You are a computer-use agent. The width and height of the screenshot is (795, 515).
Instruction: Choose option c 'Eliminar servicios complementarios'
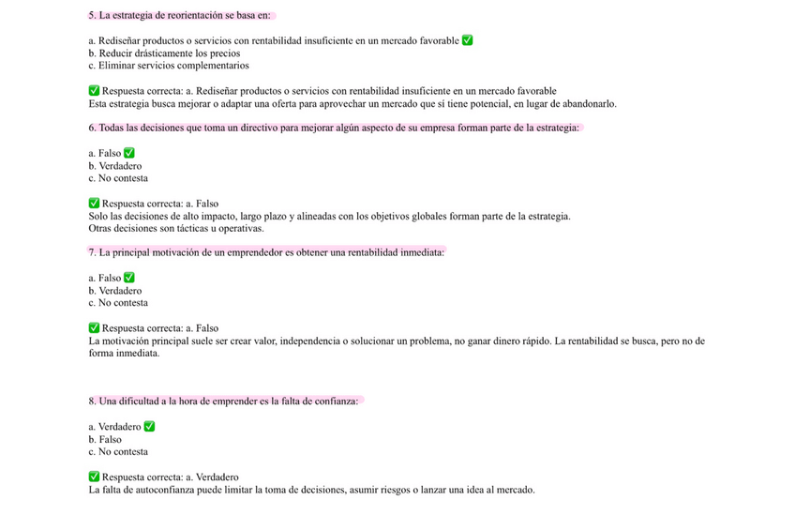tap(168, 66)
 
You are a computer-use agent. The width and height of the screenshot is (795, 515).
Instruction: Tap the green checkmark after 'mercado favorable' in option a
tap(468, 40)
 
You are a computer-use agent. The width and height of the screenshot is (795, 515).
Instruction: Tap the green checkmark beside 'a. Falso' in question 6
tap(129, 153)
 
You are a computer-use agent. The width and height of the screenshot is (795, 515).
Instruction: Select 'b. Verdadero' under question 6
tap(114, 165)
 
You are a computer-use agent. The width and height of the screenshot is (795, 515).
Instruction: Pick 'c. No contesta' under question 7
tap(117, 303)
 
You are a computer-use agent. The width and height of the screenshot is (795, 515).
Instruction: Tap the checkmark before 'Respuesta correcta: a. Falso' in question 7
tap(94, 328)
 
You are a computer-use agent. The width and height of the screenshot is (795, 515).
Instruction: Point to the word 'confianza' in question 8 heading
tap(335, 401)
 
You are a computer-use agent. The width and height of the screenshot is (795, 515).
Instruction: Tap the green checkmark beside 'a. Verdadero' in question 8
tap(149, 427)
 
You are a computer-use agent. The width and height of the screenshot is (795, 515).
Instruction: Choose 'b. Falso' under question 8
tap(104, 439)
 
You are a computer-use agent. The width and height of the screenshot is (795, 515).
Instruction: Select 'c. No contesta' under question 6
tap(117, 178)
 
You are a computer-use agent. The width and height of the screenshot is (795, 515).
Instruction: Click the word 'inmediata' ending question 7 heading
tap(419, 252)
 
